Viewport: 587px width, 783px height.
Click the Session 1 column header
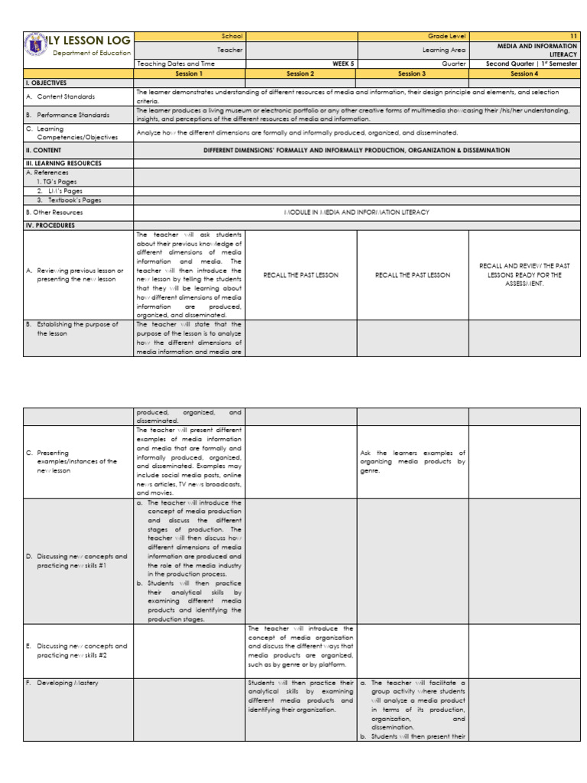point(189,74)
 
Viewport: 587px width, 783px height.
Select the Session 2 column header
point(300,74)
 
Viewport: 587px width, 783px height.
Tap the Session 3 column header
point(412,74)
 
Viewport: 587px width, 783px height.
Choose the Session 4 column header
point(524,74)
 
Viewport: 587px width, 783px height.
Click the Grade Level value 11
point(574,36)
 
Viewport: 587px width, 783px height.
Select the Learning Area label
point(449,50)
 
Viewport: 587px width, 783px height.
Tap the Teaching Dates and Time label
point(166,64)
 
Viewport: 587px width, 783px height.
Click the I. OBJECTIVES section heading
point(47,83)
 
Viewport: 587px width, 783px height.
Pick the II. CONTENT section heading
point(44,151)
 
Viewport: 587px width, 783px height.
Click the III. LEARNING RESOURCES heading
point(60,163)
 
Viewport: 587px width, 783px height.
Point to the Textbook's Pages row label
point(69,200)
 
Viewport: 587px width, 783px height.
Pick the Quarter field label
point(454,64)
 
